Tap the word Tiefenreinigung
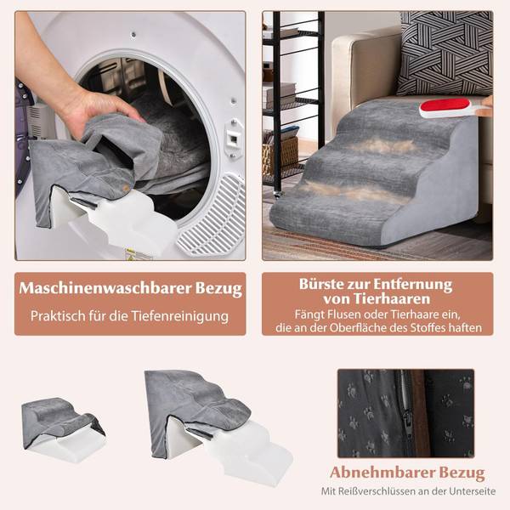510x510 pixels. click(185, 316)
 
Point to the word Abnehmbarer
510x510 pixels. click(377, 472)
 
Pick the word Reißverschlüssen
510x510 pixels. click(376, 491)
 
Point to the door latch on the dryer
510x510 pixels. click(232, 135)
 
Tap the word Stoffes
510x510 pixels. click(428, 327)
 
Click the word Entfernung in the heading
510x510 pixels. click(410, 283)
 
